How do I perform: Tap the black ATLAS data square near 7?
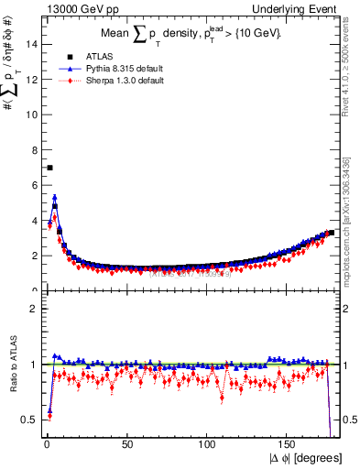(49, 168)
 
